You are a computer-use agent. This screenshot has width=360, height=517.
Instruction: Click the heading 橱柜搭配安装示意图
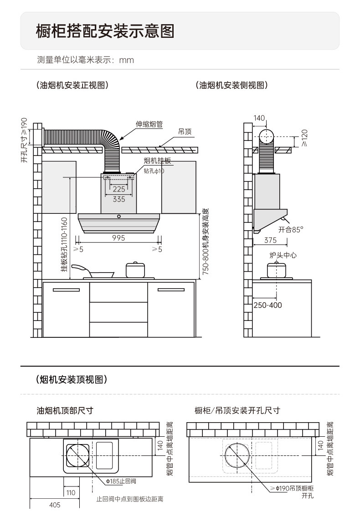click(x=105, y=31)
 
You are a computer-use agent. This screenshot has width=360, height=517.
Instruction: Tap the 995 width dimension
click(x=118, y=238)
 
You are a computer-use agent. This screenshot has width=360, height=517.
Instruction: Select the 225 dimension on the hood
click(x=119, y=189)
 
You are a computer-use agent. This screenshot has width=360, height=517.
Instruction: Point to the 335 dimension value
click(x=119, y=199)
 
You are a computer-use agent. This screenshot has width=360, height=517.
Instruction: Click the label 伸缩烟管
click(x=149, y=124)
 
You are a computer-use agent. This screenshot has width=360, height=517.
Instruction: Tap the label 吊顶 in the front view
click(x=185, y=132)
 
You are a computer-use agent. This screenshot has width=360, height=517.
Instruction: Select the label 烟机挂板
click(x=157, y=160)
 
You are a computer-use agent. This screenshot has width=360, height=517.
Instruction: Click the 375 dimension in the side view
click(x=270, y=240)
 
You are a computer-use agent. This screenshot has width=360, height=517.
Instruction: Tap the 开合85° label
click(x=291, y=230)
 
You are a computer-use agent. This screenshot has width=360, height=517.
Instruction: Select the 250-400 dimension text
click(x=267, y=305)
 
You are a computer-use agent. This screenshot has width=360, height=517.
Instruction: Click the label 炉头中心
click(x=283, y=255)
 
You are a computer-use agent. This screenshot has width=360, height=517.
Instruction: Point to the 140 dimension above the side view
click(x=259, y=119)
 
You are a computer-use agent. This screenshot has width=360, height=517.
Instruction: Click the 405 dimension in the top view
click(x=54, y=505)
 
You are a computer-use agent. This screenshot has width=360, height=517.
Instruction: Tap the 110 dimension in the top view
click(x=70, y=493)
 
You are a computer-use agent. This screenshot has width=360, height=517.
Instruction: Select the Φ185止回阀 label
click(x=121, y=481)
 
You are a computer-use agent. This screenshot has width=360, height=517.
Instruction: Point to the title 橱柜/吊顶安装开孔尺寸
click(x=237, y=410)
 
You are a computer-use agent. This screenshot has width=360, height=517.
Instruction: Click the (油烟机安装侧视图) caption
click(x=231, y=85)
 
